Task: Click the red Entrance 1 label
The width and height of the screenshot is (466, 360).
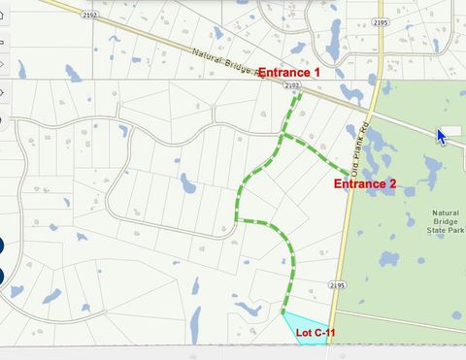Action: coord(288,73)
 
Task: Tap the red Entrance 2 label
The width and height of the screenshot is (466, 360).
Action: coord(365,183)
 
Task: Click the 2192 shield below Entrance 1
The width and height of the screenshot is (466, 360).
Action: coord(292,85)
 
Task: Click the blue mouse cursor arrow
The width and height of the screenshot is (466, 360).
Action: coord(442,136)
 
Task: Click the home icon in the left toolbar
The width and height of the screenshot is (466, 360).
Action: coord(3,15)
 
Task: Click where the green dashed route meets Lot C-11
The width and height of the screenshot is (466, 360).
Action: coord(284,312)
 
